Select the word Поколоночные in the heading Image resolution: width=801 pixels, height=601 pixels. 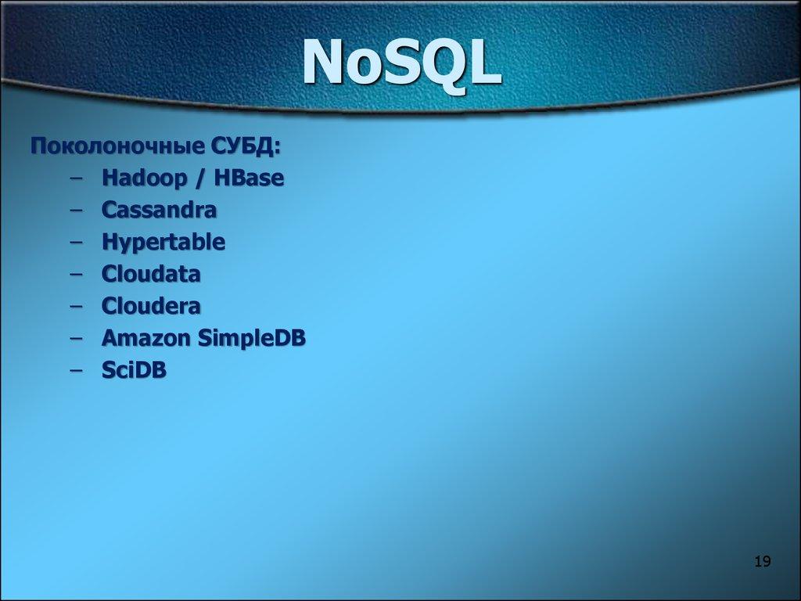pyautogui.click(x=117, y=147)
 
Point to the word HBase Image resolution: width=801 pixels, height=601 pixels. pyautogui.click(x=250, y=178)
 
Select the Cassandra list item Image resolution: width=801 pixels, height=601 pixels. pyautogui.click(x=159, y=211)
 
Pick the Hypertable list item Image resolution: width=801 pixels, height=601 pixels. pyautogui.click(x=163, y=243)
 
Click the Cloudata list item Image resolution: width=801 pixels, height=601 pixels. pyautogui.click(x=151, y=275)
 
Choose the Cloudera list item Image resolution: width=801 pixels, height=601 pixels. pyautogui.click(x=151, y=306)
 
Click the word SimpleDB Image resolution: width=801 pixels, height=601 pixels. pyautogui.click(x=251, y=338)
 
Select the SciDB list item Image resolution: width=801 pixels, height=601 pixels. pyautogui.click(x=134, y=370)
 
